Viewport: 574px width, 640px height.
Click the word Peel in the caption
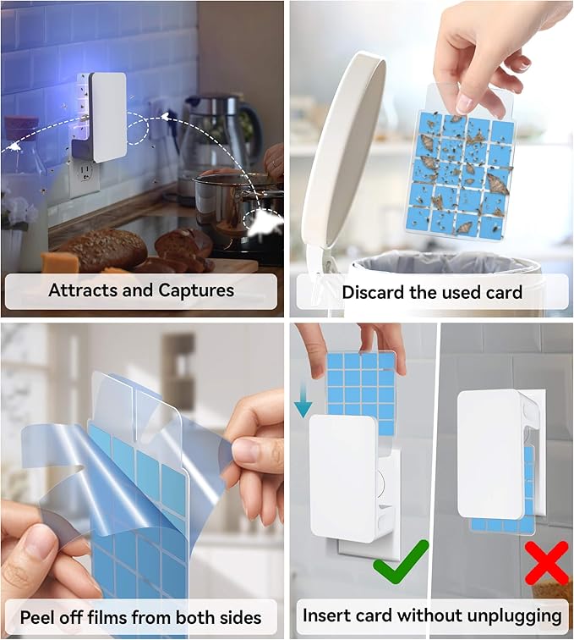pyautogui.click(x=40, y=616)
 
